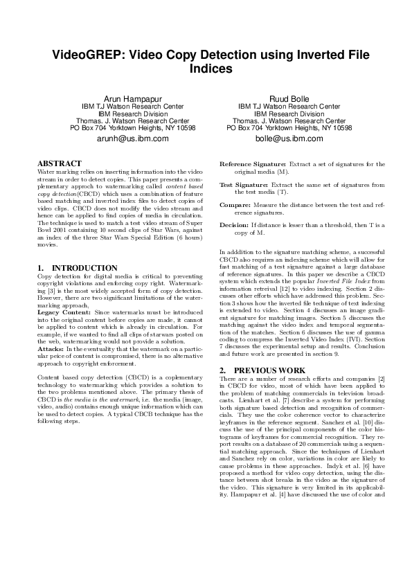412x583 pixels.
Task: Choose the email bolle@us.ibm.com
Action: tap(289, 138)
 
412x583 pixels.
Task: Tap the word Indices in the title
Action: tap(210, 69)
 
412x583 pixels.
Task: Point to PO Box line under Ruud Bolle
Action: tap(289, 127)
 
